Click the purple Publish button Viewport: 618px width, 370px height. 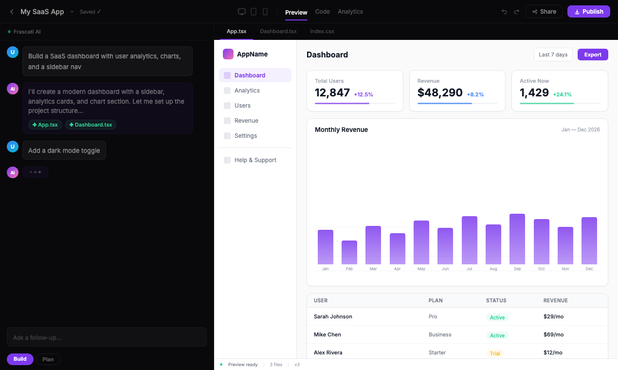pos(588,12)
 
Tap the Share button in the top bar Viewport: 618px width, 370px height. pos(544,12)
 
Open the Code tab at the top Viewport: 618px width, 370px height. pos(322,12)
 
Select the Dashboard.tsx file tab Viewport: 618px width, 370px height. pos(278,31)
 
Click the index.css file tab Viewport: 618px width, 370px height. pos(322,31)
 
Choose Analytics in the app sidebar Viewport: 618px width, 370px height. pos(247,91)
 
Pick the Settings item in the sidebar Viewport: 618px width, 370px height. pos(246,136)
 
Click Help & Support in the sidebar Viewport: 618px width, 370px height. pos(255,160)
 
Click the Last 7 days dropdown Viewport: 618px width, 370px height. pos(553,55)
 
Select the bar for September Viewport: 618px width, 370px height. pos(517,239)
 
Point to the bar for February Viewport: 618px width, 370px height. pos(349,252)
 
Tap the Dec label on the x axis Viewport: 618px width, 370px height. pos(589,269)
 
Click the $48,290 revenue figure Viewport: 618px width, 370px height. pos(440,92)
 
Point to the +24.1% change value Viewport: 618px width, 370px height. pos(562,94)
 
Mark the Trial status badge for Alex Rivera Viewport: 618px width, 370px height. pos(495,353)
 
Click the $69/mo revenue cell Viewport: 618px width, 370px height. pos(553,334)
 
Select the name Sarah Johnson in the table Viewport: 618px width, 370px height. pos(333,316)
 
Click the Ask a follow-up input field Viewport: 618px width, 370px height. pos(107,337)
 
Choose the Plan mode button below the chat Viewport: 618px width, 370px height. pos(48,359)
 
